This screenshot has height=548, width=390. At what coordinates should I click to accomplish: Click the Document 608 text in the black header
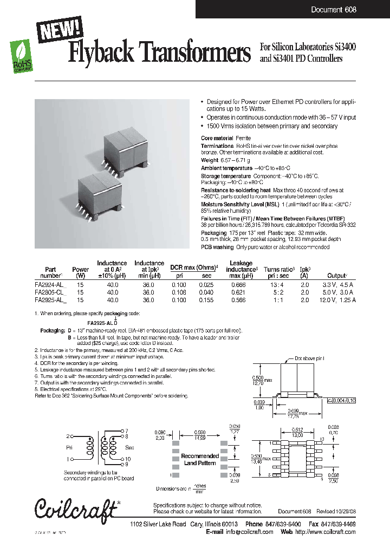coord(333,10)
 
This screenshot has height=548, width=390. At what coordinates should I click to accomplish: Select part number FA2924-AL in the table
coord(50,284)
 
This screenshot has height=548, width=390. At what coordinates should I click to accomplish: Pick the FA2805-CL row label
coord(50,291)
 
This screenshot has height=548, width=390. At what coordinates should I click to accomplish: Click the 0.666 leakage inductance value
coord(238,284)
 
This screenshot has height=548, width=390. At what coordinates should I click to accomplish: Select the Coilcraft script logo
coord(76,507)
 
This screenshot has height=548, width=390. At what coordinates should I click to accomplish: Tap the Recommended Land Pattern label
coord(200,459)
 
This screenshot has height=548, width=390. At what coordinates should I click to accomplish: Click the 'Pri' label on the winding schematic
coord(69,448)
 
